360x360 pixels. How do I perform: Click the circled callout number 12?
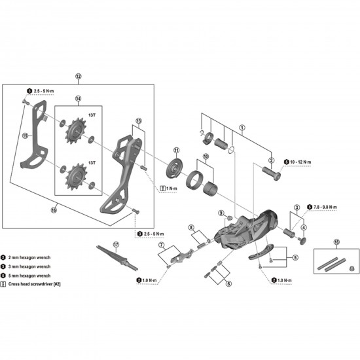click(79, 77)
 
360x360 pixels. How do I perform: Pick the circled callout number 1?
click(242, 129)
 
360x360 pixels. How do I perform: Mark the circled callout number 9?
click(222, 214)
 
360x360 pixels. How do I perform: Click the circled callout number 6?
click(228, 285)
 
